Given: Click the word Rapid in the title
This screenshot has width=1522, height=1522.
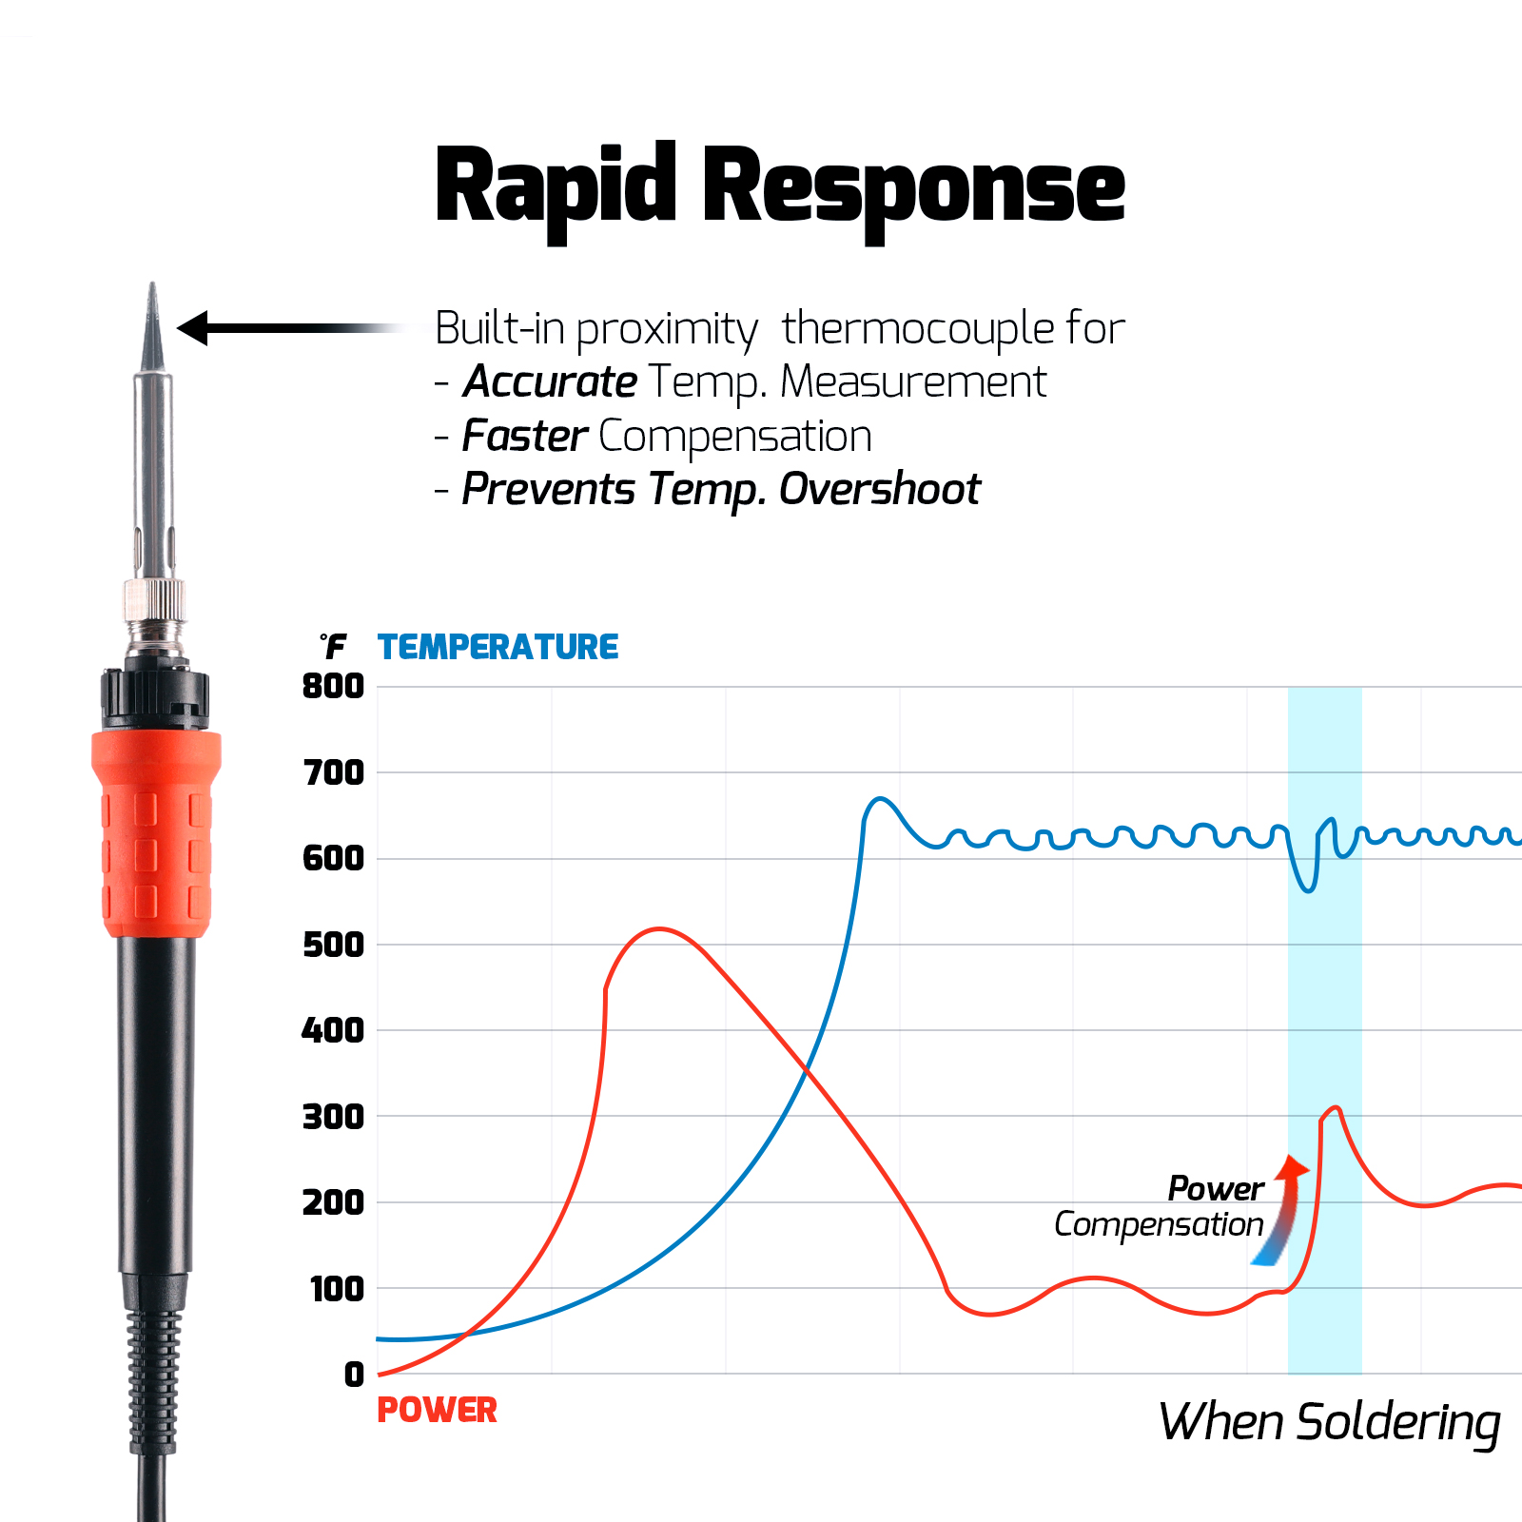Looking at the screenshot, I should pyautogui.click(x=555, y=187).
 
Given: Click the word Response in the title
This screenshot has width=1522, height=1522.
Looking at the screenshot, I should pyautogui.click(x=913, y=187).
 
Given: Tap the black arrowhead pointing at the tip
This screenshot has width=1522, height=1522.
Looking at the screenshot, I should pyautogui.click(x=193, y=328).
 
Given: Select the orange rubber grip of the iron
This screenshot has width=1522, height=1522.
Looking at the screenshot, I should pyautogui.click(x=156, y=832).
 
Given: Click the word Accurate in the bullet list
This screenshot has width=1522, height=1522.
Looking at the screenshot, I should pyautogui.click(x=550, y=382).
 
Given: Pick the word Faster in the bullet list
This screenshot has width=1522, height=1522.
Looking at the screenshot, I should pyautogui.click(x=525, y=437).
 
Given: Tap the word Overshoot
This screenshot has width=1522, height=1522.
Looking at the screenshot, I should pyautogui.click(x=879, y=490).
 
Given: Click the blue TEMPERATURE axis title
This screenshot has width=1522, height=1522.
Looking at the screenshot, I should pyautogui.click(x=498, y=648).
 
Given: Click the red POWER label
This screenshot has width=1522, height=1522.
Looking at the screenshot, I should pyautogui.click(x=437, y=1410).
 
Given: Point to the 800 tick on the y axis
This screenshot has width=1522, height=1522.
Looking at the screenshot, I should pyautogui.click(x=333, y=686).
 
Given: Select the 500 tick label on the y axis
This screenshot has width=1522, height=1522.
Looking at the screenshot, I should pyautogui.click(x=333, y=945).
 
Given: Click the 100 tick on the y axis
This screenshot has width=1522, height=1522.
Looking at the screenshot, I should pyautogui.click(x=337, y=1289).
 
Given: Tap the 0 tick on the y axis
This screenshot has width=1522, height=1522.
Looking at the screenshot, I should pyautogui.click(x=354, y=1375).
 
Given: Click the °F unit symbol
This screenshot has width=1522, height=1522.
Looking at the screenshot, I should pyautogui.click(x=333, y=647).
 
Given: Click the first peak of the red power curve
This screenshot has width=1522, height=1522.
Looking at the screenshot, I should pyautogui.click(x=659, y=929).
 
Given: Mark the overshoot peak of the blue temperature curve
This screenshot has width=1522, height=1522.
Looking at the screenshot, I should pyautogui.click(x=881, y=799).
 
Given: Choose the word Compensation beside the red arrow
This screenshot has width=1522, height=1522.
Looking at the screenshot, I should pyautogui.click(x=1159, y=1224).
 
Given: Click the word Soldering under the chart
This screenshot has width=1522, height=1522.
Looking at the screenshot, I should pyautogui.click(x=1397, y=1423).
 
